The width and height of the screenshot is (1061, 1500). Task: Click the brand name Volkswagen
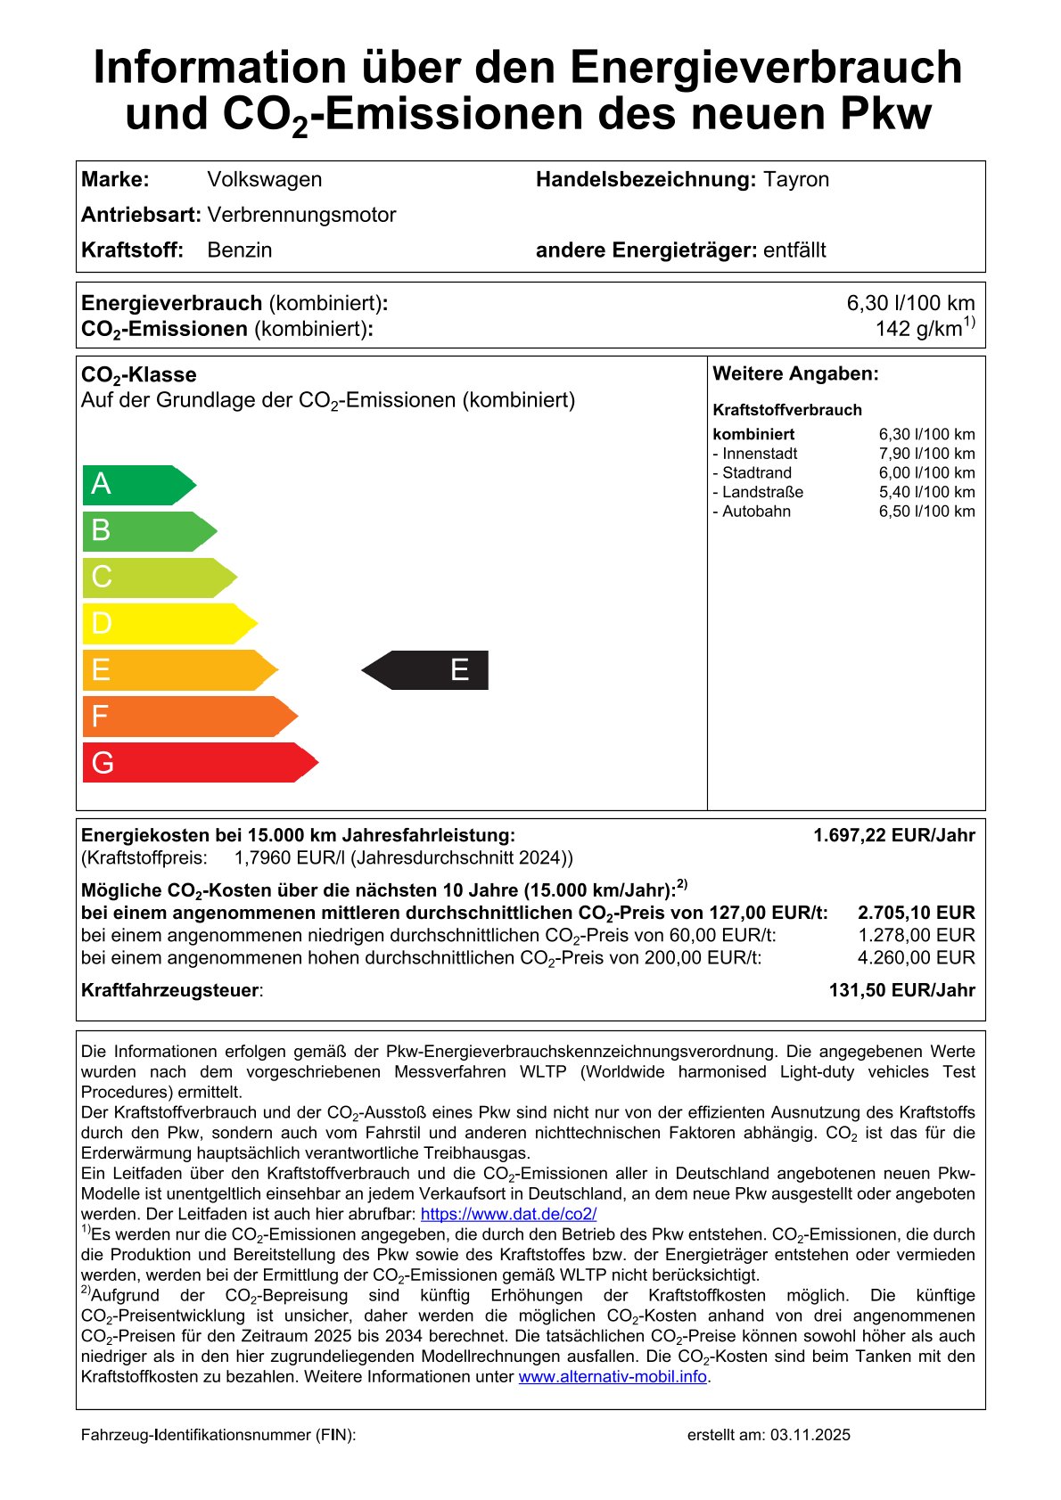click(x=264, y=179)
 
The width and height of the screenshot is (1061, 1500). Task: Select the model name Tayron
click(x=795, y=179)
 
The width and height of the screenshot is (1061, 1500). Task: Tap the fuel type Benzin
click(x=239, y=250)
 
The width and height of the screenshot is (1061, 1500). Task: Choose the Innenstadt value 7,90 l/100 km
click(x=926, y=454)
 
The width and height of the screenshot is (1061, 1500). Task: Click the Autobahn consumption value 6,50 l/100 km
click(x=926, y=512)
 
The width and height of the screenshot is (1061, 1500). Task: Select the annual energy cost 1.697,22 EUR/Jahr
click(x=893, y=835)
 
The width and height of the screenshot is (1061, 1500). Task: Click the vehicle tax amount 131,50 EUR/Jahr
click(x=901, y=990)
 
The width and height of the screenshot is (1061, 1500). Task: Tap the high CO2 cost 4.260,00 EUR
click(x=916, y=958)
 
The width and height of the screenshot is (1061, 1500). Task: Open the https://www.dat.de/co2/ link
click(x=508, y=1214)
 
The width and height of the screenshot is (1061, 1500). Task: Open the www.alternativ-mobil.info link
click(x=613, y=1377)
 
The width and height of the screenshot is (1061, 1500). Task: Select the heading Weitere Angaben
click(x=795, y=373)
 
